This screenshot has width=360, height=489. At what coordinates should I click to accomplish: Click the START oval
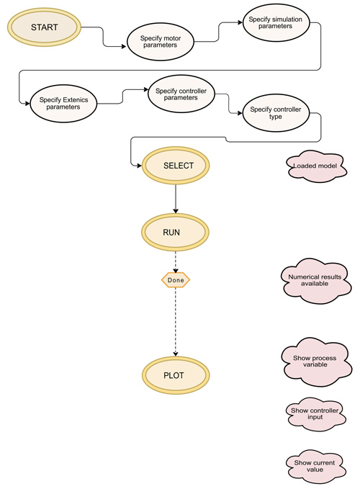click(44, 27)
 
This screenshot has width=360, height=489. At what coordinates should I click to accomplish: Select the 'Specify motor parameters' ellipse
click(161, 42)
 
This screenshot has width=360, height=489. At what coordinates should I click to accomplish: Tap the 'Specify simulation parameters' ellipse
click(276, 23)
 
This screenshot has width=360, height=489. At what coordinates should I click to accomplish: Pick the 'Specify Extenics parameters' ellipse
click(63, 104)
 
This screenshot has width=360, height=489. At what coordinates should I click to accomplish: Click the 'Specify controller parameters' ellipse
click(181, 94)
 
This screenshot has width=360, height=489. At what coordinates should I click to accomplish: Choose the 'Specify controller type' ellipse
click(276, 113)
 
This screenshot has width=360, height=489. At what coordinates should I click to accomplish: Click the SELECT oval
click(176, 166)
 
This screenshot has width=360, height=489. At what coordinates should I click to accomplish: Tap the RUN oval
click(175, 233)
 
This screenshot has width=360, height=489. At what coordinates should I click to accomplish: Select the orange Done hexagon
click(176, 280)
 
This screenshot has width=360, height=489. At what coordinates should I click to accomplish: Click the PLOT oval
click(176, 375)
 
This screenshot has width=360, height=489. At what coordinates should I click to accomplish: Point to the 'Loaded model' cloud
click(316, 166)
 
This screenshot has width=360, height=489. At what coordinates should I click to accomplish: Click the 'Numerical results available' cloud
click(316, 280)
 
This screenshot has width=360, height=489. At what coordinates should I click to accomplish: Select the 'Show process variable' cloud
click(316, 362)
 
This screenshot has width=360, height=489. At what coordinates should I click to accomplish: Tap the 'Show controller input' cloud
click(316, 414)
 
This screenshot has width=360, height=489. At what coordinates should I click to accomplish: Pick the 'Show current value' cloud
click(315, 467)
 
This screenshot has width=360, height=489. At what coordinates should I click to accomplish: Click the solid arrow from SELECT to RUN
click(176, 199)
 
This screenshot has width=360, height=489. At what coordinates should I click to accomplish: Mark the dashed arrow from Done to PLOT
click(176, 322)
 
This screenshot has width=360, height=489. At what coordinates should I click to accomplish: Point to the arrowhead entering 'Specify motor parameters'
click(124, 47)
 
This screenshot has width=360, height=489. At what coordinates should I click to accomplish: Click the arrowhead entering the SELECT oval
click(139, 166)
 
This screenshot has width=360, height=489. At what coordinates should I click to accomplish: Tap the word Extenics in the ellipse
click(75, 100)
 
